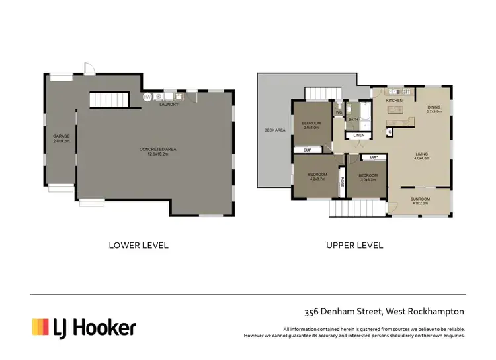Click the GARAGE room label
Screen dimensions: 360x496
pyautogui.click(x=61, y=138)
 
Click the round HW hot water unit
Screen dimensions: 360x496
pyautogui.click(x=149, y=97)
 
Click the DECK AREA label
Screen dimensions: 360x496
pyautogui.click(x=274, y=130)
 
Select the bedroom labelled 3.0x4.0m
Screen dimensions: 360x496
pyautogui.click(x=311, y=125)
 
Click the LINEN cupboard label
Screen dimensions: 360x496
pyautogui.click(x=358, y=135)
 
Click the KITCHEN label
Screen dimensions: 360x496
pyautogui.click(x=394, y=101)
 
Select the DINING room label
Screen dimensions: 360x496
pyautogui.click(x=433, y=109)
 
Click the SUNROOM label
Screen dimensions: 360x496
pyautogui.click(x=420, y=201)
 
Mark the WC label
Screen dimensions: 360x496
pyautogui.click(x=339, y=112)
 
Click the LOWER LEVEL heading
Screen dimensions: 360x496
pyautogui.click(x=138, y=245)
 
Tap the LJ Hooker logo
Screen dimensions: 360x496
pyautogui.click(x=84, y=326)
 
